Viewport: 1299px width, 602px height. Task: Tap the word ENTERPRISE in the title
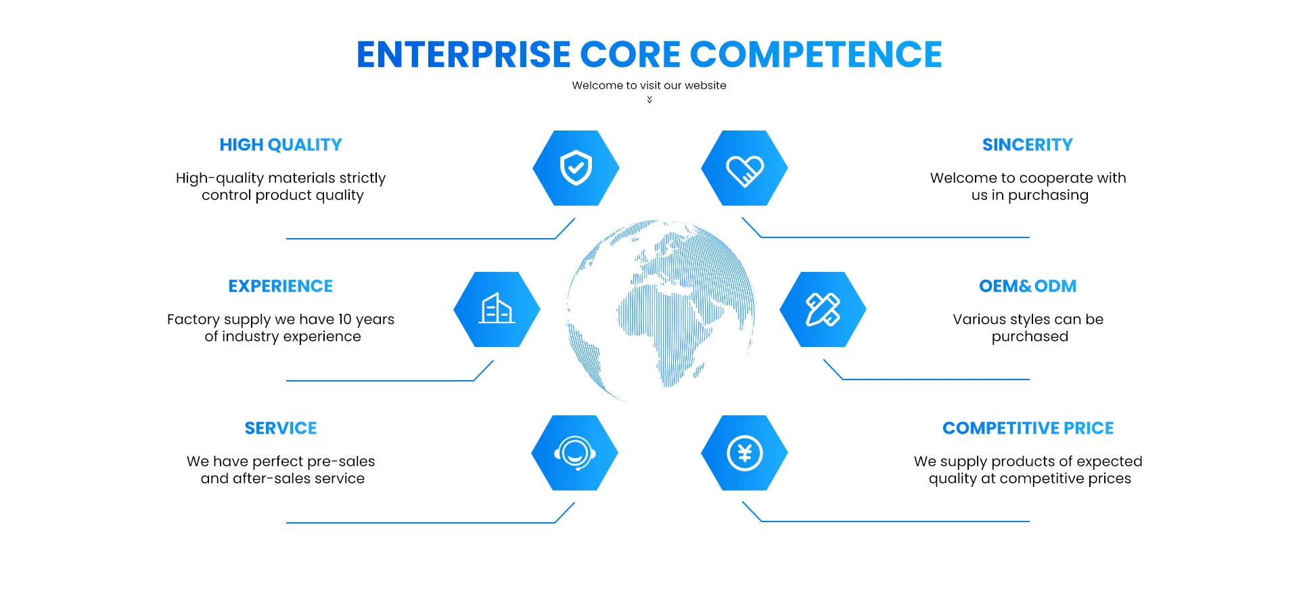coord(463,55)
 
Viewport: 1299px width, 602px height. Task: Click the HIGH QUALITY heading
coord(281,145)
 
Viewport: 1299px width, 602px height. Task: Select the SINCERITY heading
coord(1027,145)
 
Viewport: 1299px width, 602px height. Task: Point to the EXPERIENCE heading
coord(281,286)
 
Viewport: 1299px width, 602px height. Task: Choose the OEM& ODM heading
coord(1027,286)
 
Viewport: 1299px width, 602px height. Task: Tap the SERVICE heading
coord(281,428)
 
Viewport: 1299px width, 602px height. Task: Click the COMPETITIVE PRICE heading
coord(1028,428)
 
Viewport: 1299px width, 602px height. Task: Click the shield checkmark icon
coord(576,168)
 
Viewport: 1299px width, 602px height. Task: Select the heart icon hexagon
coord(744,168)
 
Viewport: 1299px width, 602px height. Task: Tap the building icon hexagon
coord(497,310)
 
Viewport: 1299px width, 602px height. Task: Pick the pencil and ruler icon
coord(823,310)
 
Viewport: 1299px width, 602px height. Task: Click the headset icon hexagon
coord(575,453)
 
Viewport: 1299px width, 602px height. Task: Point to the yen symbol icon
coord(744,453)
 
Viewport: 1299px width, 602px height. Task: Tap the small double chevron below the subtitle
coord(649,99)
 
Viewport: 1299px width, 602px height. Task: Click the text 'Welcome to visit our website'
coord(649,85)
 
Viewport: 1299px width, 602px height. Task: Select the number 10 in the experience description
coord(345,319)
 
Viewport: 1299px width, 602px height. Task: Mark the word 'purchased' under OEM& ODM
coord(1030,336)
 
